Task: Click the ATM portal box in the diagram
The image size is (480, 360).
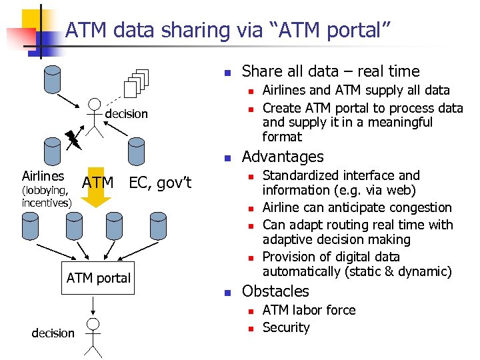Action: [x=99, y=278]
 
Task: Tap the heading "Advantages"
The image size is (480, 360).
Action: [x=283, y=157]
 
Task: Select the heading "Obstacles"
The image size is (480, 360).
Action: [x=275, y=291]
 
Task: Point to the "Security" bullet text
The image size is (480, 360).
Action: [x=286, y=327]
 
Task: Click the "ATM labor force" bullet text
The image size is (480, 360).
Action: [x=309, y=310]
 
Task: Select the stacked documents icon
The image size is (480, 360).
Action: [x=137, y=83]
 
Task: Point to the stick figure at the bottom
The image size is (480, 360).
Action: [x=93, y=337]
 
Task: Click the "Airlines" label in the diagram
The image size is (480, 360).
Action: [x=43, y=176]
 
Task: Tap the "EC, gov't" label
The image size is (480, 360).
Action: [x=160, y=182]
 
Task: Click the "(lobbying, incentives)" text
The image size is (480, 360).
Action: [x=47, y=197]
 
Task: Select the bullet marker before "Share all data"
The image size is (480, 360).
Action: [x=227, y=73]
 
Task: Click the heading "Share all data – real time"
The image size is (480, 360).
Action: [x=331, y=71]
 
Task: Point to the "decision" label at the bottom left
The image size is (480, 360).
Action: [x=53, y=333]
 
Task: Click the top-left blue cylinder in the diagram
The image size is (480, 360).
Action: [x=51, y=81]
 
